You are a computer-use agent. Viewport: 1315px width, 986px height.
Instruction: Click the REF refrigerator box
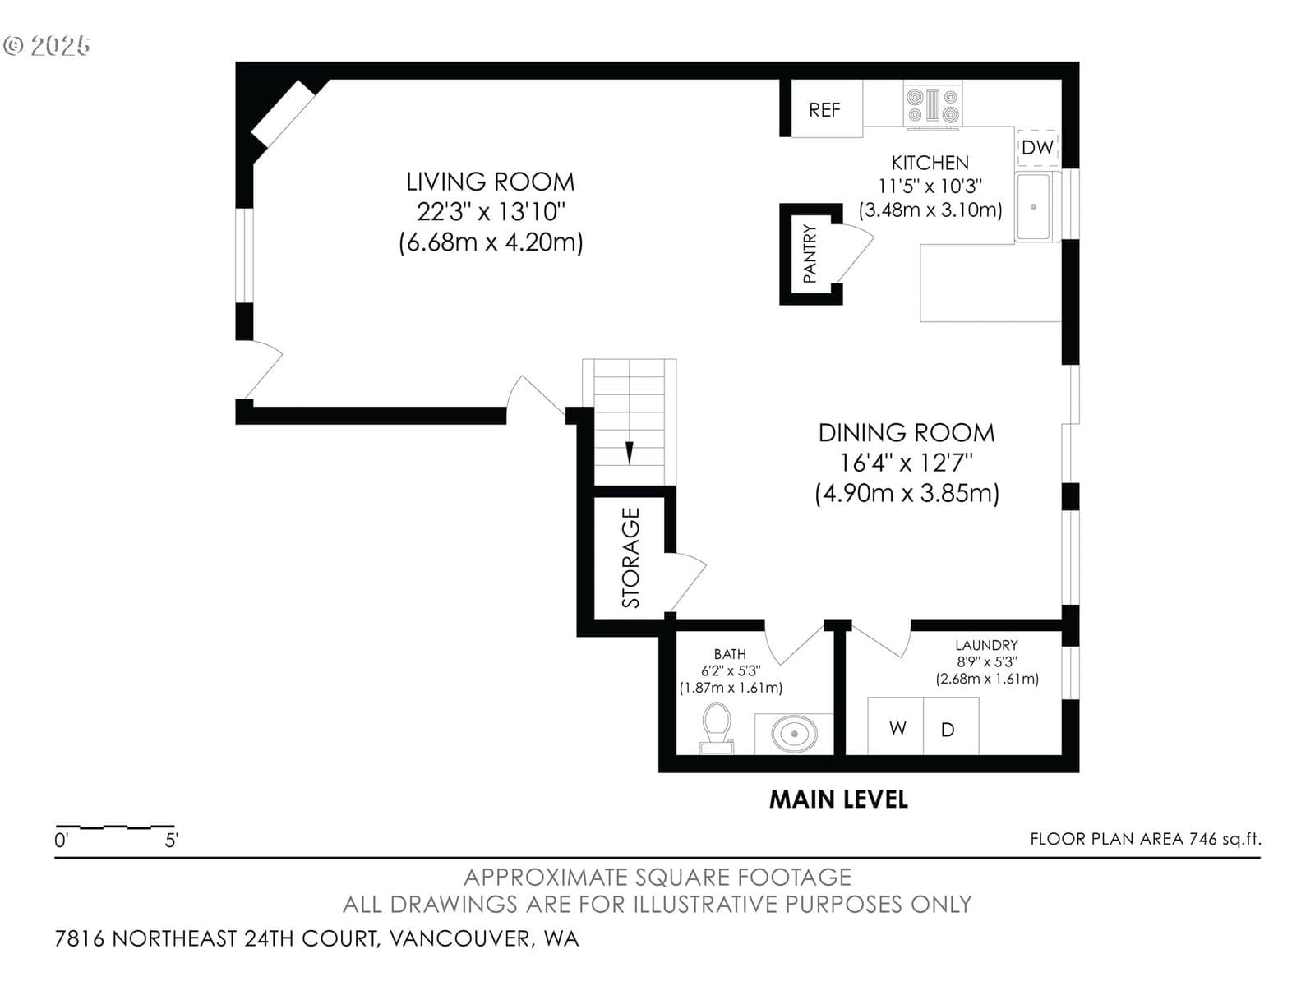(826, 109)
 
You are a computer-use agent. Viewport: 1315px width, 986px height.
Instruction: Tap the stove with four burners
(932, 105)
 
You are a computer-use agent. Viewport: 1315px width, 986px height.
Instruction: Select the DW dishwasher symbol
(1038, 147)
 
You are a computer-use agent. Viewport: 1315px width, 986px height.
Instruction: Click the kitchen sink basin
(1034, 206)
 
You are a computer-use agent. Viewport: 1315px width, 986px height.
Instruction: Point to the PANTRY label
(810, 253)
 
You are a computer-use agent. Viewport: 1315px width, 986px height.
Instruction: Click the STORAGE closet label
(631, 557)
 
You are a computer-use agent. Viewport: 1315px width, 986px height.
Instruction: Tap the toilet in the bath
(717, 727)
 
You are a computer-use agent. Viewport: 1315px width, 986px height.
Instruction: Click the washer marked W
(896, 726)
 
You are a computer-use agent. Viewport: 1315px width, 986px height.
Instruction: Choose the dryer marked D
(951, 726)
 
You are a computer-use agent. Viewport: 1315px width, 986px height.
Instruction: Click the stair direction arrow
(629, 452)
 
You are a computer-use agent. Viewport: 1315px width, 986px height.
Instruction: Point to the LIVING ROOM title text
(490, 182)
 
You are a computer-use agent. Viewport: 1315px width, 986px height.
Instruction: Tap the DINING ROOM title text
(907, 433)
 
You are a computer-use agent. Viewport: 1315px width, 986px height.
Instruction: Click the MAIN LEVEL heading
(838, 799)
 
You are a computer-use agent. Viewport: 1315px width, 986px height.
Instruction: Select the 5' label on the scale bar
(171, 841)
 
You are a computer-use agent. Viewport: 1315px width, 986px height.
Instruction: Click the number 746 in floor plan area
(1203, 839)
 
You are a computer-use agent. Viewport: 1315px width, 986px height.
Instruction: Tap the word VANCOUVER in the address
(460, 938)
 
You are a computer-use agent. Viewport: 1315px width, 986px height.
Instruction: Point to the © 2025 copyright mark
(47, 45)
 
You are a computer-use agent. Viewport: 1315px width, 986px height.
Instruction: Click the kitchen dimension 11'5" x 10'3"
(930, 187)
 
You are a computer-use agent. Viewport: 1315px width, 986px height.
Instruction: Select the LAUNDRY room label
(986, 645)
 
